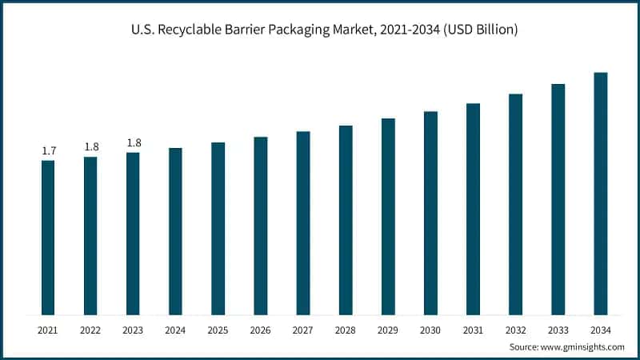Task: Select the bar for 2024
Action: pyautogui.click(x=175, y=231)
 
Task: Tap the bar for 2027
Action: pyautogui.click(x=303, y=223)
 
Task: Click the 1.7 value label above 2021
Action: pyautogui.click(x=48, y=150)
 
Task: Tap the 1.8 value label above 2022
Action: pyautogui.click(x=91, y=146)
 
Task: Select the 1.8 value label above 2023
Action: pyautogui.click(x=133, y=142)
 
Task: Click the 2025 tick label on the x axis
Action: pyautogui.click(x=218, y=329)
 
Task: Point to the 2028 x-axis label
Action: pyautogui.click(x=346, y=329)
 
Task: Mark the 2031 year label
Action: pyautogui.click(x=473, y=329)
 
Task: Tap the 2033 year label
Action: pyautogui.click(x=558, y=329)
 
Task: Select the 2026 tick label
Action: pyautogui.click(x=261, y=329)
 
